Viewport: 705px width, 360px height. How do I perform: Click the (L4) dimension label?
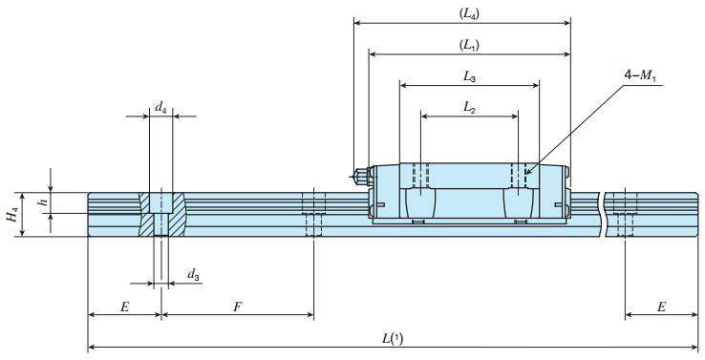point(469,13)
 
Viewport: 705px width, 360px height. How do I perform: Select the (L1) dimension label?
point(469,46)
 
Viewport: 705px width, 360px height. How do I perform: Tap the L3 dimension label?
point(469,77)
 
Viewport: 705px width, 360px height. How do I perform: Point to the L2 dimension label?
point(469,108)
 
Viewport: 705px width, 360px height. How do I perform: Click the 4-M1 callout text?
point(640,76)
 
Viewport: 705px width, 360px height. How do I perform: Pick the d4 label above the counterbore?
point(160,107)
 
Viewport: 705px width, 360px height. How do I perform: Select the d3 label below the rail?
point(193,274)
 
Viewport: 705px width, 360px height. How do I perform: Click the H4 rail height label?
point(12,215)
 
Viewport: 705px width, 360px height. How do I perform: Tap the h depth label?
point(44,201)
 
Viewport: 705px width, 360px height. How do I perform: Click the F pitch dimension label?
point(237,307)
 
